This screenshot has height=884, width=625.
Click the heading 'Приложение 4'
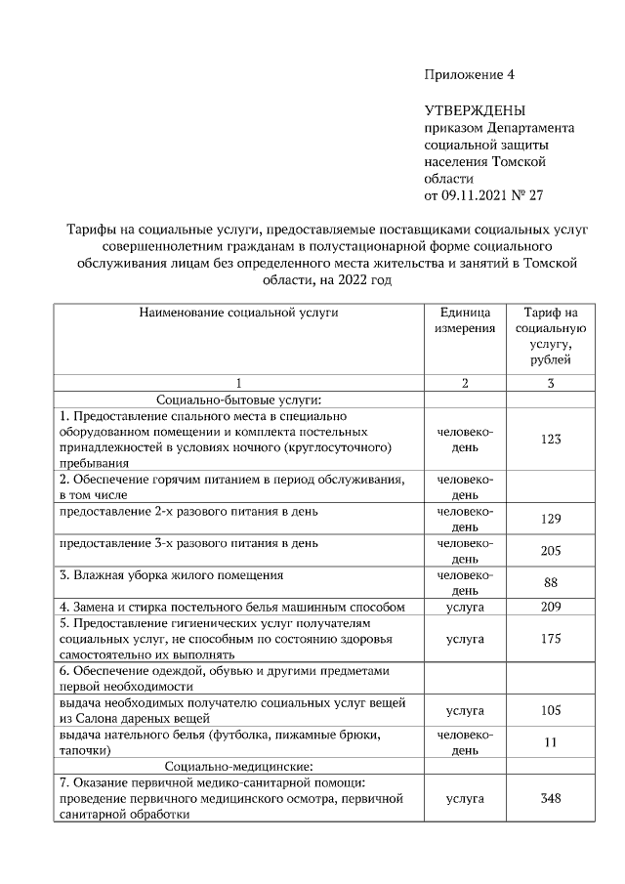click(469, 75)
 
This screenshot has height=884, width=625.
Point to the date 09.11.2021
click(477, 195)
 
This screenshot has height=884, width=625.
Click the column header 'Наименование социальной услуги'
click(239, 313)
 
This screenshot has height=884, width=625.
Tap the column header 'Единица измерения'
click(465, 320)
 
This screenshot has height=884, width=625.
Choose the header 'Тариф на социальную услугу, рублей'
click(551, 336)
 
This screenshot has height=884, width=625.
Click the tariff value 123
click(551, 440)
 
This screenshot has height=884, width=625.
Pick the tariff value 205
click(551, 551)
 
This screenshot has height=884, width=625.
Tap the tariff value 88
click(551, 582)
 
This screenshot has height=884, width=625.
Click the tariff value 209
click(551, 607)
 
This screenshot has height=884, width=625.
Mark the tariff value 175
click(551, 639)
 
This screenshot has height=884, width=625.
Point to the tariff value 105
click(551, 710)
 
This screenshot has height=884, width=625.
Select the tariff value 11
click(551, 742)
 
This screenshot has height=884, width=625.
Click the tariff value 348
click(551, 798)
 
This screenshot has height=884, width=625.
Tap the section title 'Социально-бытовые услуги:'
click(239, 399)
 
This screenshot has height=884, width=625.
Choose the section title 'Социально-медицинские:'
click(239, 766)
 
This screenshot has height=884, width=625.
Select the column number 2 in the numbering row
click(465, 383)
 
